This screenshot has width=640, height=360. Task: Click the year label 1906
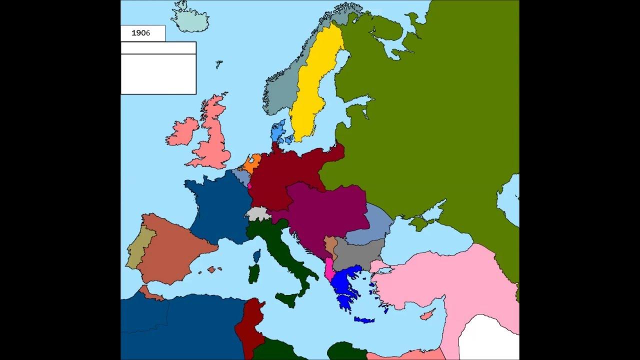tap(140, 33)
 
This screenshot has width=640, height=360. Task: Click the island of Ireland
tap(182, 132)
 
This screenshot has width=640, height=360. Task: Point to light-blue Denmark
tap(278, 131)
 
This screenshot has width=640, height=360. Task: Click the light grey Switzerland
tap(257, 213)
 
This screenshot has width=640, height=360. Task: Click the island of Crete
tap(364, 320)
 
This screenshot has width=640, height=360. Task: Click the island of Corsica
tap(257, 256)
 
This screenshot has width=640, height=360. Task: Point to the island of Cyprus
tap(427, 314)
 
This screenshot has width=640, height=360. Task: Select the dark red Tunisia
tap(248, 322)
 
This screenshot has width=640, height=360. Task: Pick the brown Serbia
tap(330, 245)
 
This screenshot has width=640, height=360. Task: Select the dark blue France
tap(217, 205)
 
